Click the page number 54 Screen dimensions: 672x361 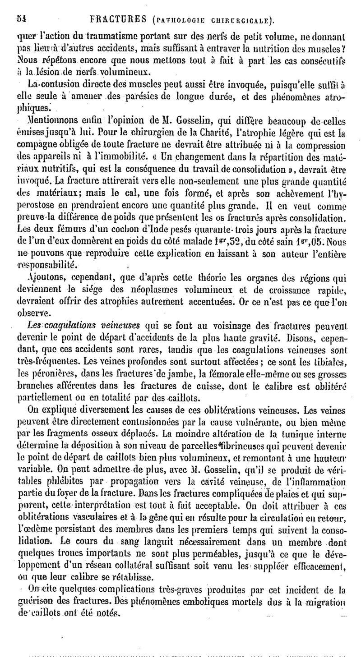click(x=21, y=19)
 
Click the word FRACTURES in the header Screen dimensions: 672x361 click(x=115, y=19)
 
